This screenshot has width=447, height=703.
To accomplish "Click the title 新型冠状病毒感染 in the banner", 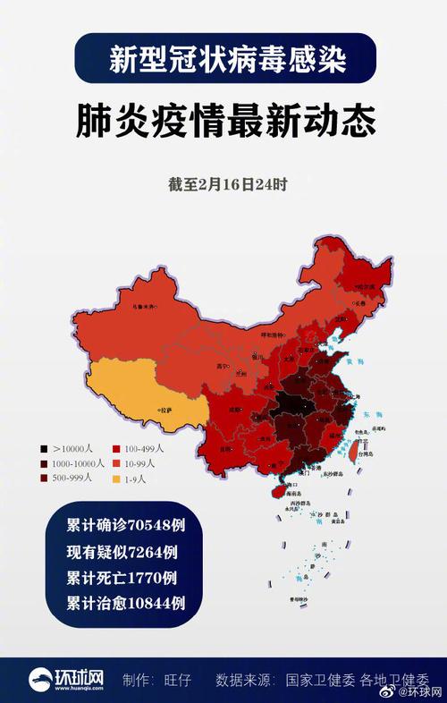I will (x=223, y=59).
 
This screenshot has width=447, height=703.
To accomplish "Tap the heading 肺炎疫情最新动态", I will (x=223, y=122).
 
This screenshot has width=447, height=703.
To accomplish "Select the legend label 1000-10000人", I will (x=79, y=463).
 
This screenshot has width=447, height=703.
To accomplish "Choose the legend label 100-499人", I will (x=147, y=447).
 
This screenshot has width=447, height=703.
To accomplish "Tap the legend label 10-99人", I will (x=142, y=463).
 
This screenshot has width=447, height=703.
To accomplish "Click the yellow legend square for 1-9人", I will (x=115, y=479).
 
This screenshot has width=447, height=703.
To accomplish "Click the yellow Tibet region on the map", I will (x=148, y=394).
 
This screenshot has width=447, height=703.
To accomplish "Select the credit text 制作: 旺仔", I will (x=161, y=680).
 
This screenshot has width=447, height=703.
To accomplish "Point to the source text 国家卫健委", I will (x=320, y=680).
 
